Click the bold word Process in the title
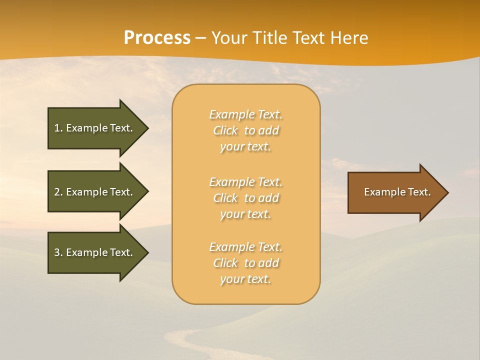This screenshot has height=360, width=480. click(x=157, y=38)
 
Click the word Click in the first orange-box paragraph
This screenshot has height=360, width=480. click(x=225, y=130)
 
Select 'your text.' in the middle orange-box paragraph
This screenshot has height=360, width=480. click(x=245, y=214)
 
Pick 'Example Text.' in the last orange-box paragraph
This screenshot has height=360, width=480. click(x=245, y=247)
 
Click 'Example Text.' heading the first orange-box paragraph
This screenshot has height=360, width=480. click(x=245, y=114)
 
